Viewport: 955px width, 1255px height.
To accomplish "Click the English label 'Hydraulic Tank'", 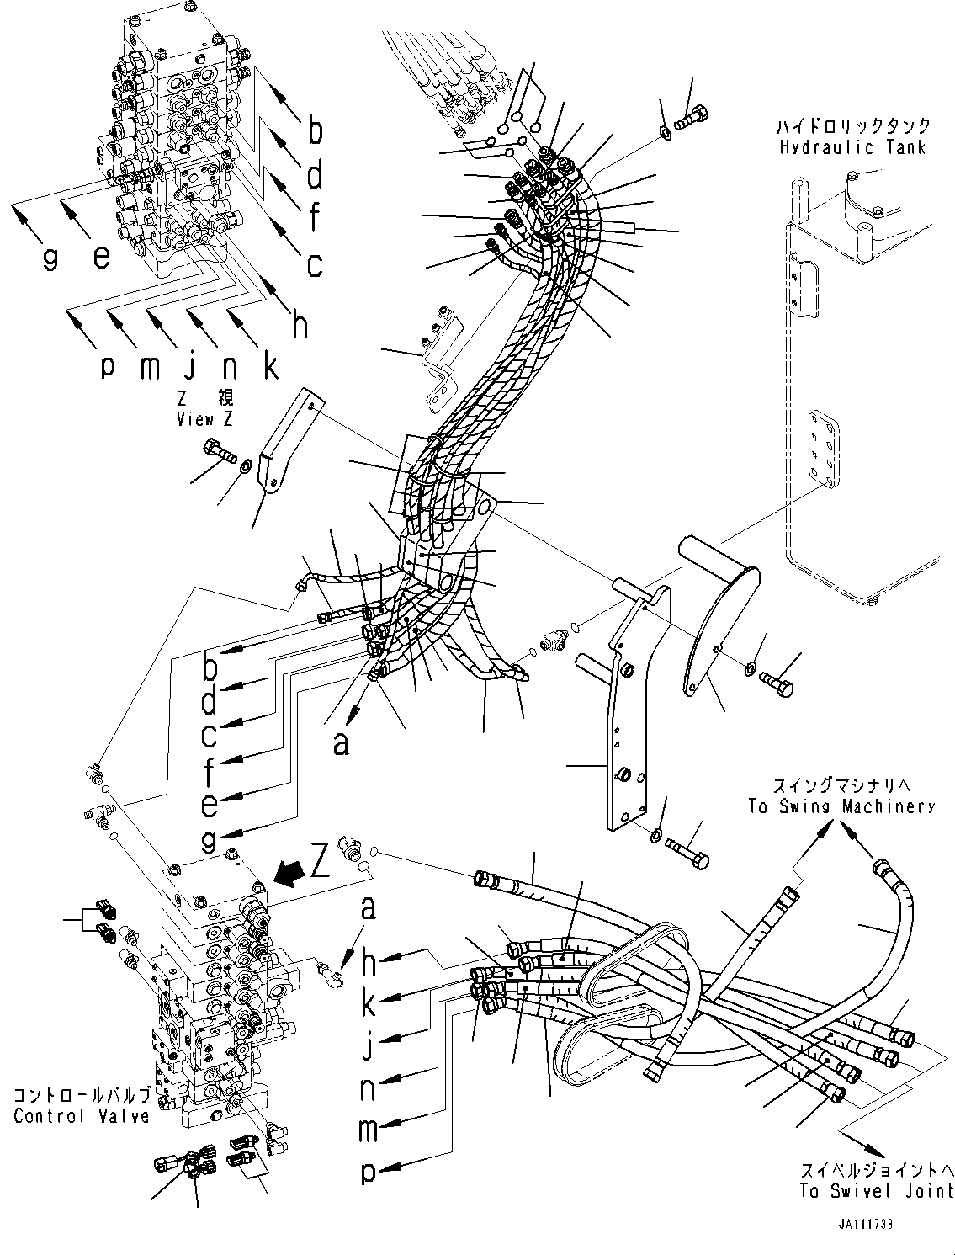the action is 852,147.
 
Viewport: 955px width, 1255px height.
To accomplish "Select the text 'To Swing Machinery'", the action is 841,806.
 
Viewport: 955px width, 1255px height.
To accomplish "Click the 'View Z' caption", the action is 204,419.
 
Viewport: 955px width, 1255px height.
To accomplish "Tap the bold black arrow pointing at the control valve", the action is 289,891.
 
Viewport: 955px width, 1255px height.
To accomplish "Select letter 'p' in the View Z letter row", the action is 108,368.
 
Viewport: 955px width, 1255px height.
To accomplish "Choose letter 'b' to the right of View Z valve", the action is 315,130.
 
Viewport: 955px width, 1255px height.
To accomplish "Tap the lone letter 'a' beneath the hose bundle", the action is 341,744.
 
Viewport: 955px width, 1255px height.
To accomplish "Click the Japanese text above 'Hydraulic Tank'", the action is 854,125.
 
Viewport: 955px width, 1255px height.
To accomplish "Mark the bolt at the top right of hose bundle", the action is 692,119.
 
